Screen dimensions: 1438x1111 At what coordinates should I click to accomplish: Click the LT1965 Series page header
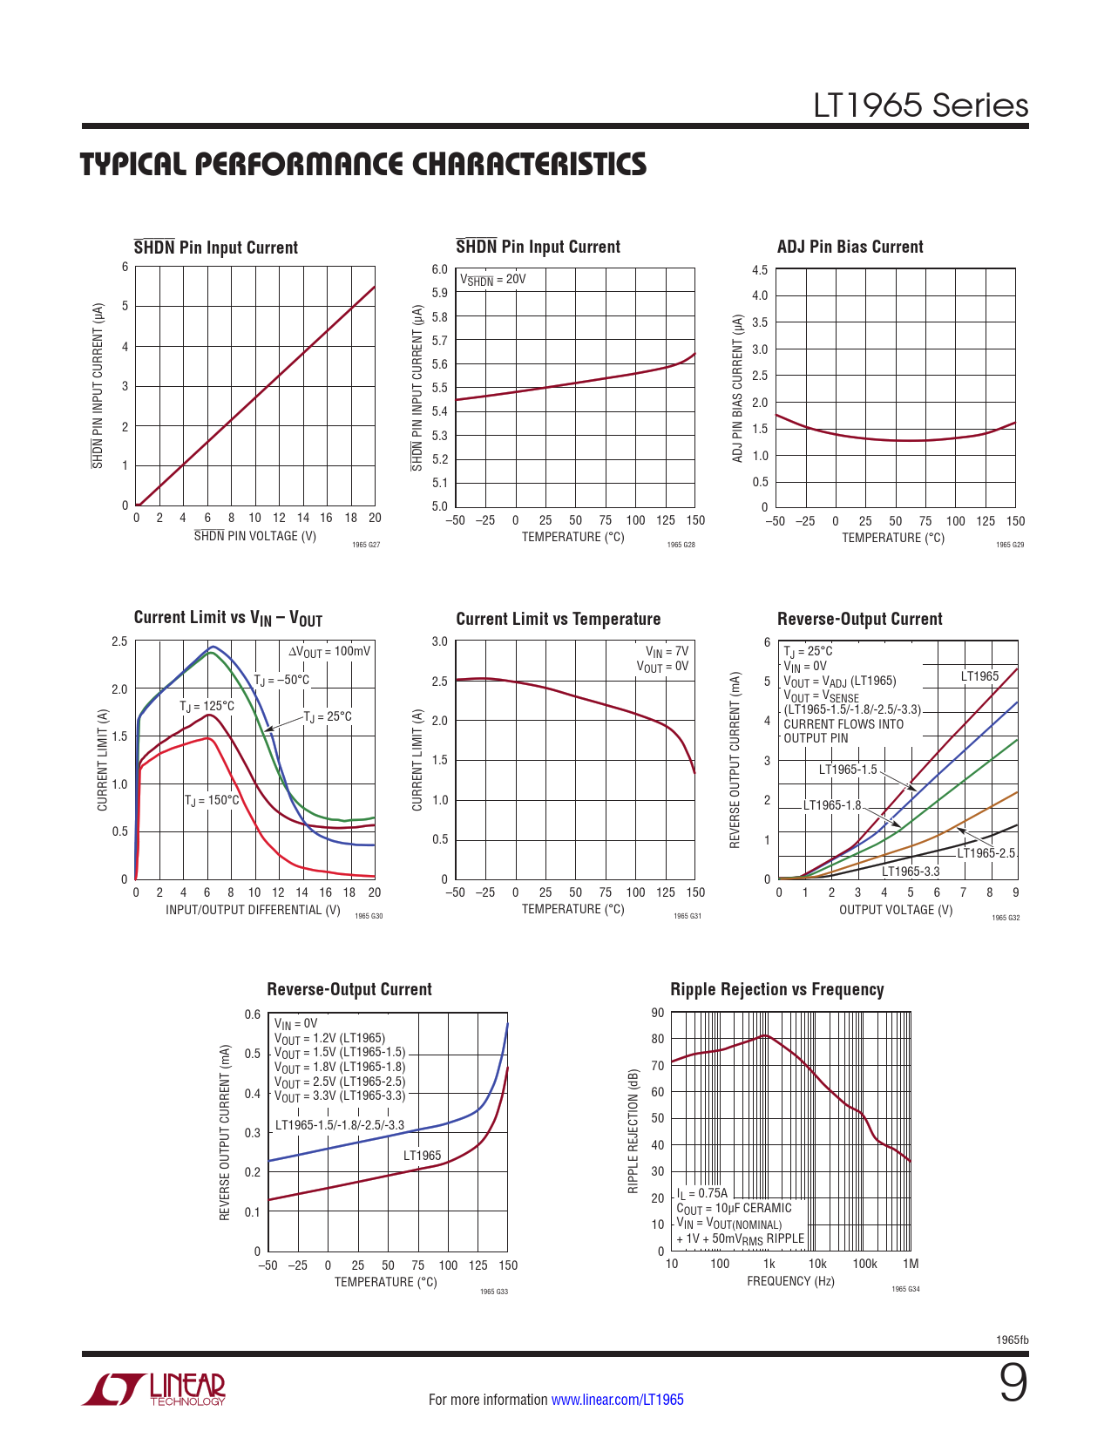pos(920,106)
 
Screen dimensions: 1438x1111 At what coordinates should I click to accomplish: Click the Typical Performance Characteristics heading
pos(363,165)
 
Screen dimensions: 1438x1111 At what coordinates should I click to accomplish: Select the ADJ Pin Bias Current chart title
pos(850,247)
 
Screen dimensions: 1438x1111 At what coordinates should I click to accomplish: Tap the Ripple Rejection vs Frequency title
pos(776,989)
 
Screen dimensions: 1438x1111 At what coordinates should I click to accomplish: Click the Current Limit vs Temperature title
pos(558,619)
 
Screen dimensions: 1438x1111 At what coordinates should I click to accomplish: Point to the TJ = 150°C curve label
pos(211,800)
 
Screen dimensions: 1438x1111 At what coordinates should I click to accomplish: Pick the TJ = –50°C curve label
pos(281,680)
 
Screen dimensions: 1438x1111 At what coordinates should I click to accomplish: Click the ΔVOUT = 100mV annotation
pos(329,651)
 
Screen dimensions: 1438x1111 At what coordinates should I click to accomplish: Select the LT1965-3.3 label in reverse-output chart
pos(911,871)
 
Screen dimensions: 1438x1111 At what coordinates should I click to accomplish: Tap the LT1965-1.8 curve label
pos(831,805)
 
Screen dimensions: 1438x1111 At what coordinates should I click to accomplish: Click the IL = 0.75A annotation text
pos(701,1193)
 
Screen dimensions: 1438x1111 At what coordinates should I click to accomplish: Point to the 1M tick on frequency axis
pos(911,1264)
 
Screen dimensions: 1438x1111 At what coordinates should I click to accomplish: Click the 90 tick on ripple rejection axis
pos(657,1013)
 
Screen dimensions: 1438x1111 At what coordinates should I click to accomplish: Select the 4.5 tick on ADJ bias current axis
pos(760,270)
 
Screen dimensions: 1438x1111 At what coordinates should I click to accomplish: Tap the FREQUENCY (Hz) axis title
pos(790,1281)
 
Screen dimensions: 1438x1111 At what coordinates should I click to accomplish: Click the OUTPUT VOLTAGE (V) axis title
pos(896,910)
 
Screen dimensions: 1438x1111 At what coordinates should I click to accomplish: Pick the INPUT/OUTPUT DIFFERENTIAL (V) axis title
pos(253,910)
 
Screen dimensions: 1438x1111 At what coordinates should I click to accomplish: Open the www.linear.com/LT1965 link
pos(617,1400)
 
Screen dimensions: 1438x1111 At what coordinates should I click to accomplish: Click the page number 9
pos(1013,1384)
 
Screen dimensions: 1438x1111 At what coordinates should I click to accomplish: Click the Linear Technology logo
pos(154,1389)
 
